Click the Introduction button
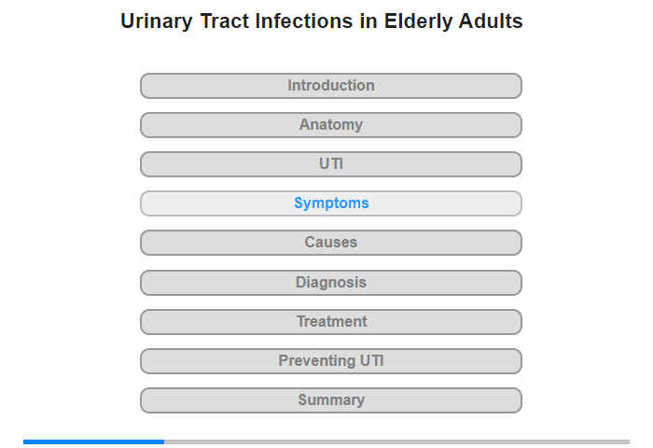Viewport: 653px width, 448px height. pos(331,86)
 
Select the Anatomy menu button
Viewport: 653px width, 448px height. pos(331,125)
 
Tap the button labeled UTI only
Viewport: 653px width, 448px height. pos(331,164)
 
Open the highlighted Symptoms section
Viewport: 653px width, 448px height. pos(331,203)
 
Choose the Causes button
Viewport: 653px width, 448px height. pos(331,243)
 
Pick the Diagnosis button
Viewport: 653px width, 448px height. pos(331,283)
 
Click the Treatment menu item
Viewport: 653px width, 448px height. pos(331,322)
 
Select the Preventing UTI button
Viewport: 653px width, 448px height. pos(331,361)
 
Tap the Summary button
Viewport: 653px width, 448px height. pos(331,400)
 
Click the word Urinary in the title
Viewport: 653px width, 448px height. pos(157,21)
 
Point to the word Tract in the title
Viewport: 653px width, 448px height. pos(225,21)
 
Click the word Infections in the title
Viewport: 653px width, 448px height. pos(304,21)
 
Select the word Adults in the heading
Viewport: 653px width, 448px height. pos(491,21)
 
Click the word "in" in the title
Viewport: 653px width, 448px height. pos(368,21)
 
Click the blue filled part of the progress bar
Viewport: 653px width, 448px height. pos(93,441)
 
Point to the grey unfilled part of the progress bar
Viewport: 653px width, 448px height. pos(396,441)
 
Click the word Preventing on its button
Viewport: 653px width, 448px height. pos(316,361)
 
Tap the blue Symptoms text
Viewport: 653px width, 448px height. pos(331,203)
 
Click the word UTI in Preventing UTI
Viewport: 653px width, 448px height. pos(372,360)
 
